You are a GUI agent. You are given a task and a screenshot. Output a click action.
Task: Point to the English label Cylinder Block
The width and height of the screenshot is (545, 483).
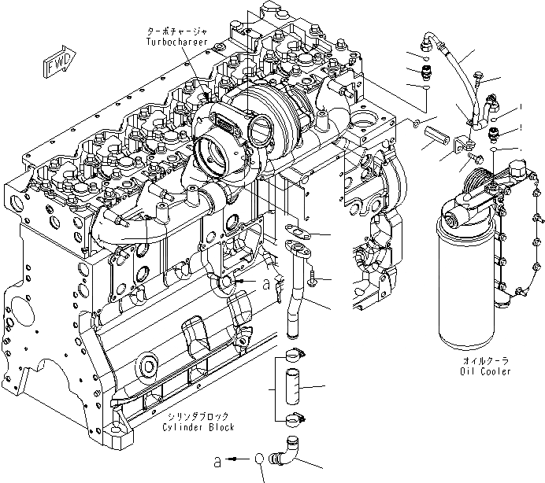198,427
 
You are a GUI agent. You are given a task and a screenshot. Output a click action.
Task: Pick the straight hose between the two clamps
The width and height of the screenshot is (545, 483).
291,386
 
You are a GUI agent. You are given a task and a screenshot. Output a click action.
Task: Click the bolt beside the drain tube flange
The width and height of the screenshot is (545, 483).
313,277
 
